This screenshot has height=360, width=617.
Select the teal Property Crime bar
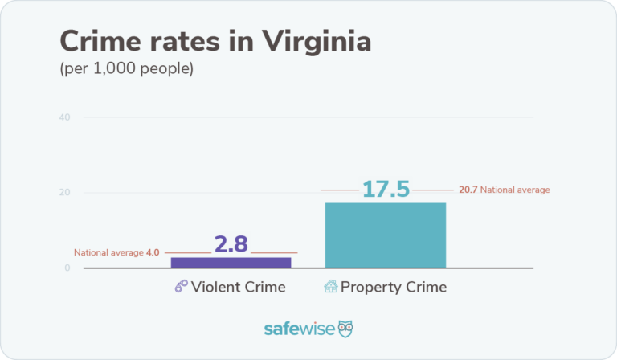[x=385, y=235]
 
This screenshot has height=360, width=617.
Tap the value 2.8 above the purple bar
[x=231, y=244]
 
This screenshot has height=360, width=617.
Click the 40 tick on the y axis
[x=64, y=118]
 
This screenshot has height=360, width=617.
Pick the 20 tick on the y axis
[x=64, y=193]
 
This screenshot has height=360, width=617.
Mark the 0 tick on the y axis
[x=67, y=268]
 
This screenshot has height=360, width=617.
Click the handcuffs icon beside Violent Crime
[x=181, y=287]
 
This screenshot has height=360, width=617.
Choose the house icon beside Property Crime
[x=330, y=287]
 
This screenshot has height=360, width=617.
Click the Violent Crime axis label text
[x=238, y=287]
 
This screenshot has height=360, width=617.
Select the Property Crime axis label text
[x=394, y=287]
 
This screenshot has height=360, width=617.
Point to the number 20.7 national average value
[x=468, y=190]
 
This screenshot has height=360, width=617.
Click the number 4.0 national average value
[x=153, y=252]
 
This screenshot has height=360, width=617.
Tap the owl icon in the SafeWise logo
[x=346, y=329]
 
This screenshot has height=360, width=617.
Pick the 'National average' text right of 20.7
[x=515, y=190]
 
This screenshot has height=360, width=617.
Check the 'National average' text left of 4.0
[x=108, y=252]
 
